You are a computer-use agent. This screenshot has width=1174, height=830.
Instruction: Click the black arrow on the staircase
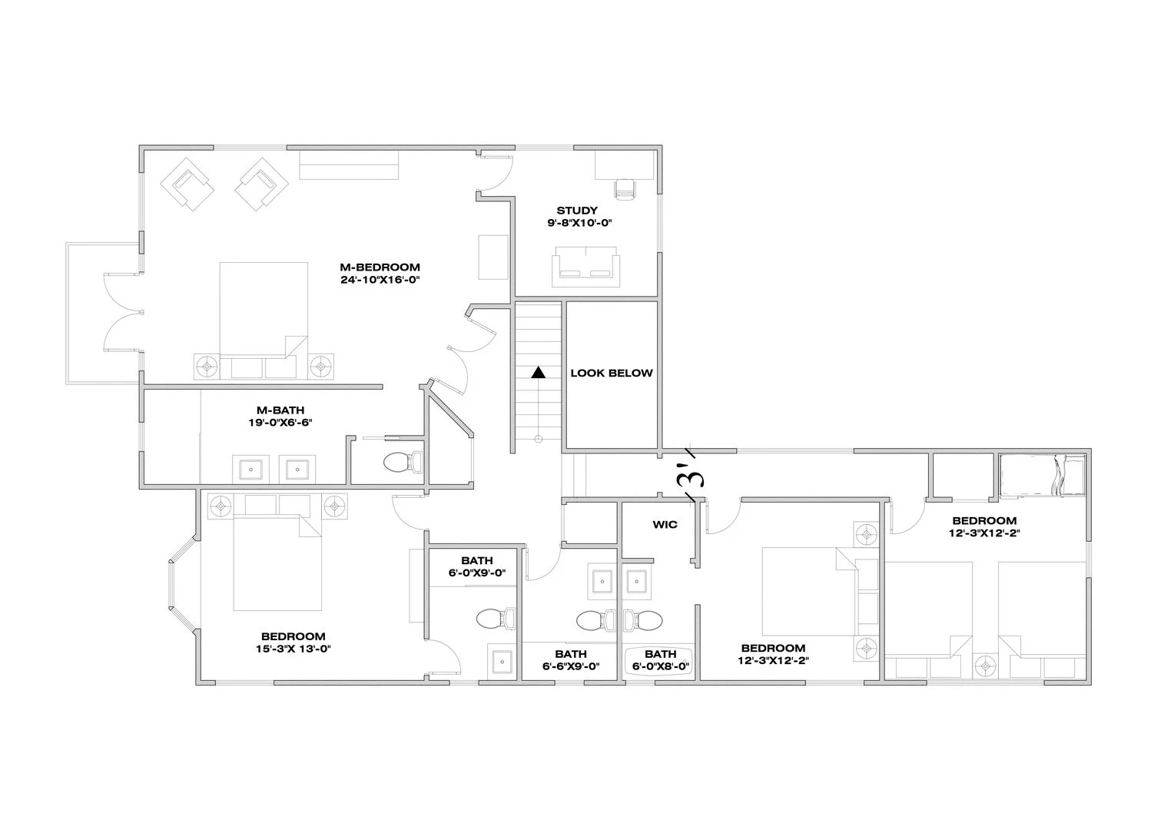[x=539, y=373]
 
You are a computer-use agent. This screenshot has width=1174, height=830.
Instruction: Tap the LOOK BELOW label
[x=611, y=373]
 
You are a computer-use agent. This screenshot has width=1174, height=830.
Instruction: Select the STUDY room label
[x=577, y=211]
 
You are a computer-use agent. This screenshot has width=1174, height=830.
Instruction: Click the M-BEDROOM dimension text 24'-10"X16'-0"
[x=380, y=280]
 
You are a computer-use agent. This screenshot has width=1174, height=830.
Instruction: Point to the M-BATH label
[x=280, y=410]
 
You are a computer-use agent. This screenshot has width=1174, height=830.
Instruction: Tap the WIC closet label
[x=665, y=525]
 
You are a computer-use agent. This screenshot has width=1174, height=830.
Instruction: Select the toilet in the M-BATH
[x=402, y=462]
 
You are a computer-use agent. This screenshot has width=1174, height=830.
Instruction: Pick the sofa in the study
[x=585, y=266]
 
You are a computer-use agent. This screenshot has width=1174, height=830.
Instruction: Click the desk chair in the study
[x=625, y=188]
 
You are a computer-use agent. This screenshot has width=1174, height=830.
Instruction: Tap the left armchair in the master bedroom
[x=187, y=184]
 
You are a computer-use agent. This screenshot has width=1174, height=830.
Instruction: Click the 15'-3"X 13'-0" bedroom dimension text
[x=293, y=649]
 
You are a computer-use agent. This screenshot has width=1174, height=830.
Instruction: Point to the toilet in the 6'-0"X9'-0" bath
[x=495, y=618]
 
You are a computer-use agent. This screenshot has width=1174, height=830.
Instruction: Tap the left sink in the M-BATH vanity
[x=250, y=468]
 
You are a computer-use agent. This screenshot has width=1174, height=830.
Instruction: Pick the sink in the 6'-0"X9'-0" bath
[x=501, y=662]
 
